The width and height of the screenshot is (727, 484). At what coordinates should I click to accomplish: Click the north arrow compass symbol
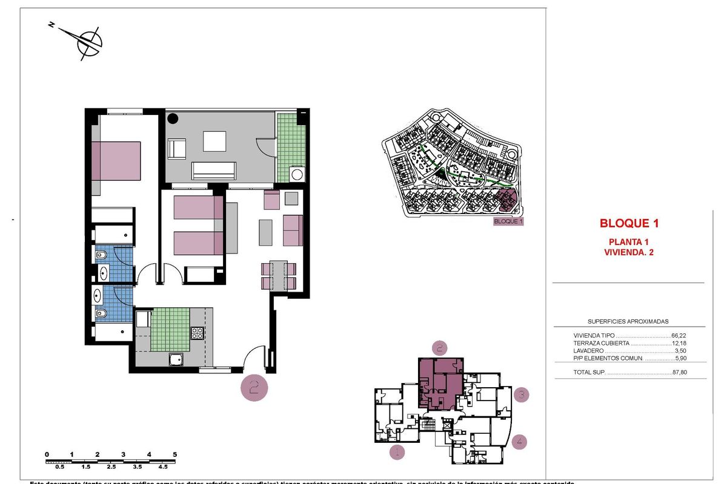click(89, 42)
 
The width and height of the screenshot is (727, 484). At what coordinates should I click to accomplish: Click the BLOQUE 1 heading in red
click(628, 223)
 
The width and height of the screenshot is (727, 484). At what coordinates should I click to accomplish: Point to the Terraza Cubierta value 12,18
click(682, 343)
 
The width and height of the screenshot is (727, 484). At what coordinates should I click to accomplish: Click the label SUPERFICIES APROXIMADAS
click(628, 322)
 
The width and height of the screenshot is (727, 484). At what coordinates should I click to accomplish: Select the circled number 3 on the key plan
click(521, 396)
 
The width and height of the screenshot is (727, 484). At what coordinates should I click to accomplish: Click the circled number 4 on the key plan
click(519, 442)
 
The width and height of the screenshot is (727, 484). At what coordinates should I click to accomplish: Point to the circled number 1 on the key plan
click(397, 451)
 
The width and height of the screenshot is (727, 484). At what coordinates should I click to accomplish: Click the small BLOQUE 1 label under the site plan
click(508, 221)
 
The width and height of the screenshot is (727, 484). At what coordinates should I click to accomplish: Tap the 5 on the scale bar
click(174, 454)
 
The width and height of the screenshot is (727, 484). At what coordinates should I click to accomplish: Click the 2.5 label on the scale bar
click(111, 467)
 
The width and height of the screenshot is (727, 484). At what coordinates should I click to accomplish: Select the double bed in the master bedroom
click(116, 161)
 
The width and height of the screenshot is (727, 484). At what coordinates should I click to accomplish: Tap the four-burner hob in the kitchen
click(198, 332)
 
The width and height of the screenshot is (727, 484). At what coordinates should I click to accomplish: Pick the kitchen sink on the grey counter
click(176, 359)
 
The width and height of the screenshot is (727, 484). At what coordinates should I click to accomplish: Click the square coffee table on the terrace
click(214, 142)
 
